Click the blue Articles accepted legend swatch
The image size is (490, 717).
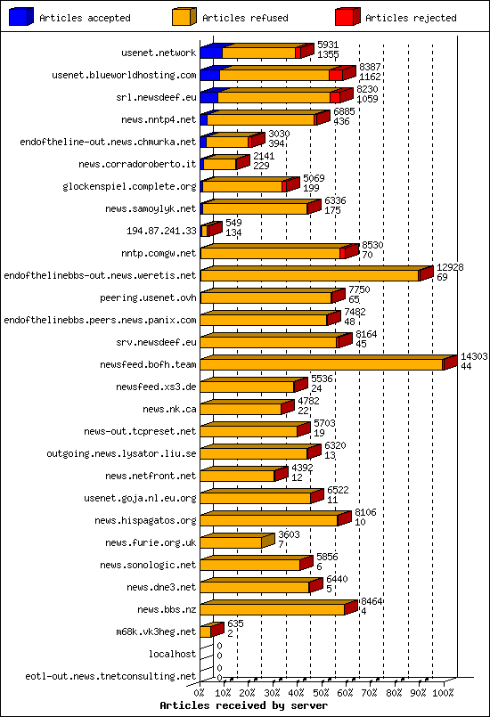[21, 16]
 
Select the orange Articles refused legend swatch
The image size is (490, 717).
[184, 16]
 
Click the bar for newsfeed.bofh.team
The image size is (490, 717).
[322, 363]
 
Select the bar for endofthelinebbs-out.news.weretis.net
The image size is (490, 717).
[309, 275]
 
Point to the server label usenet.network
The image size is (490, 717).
[159, 53]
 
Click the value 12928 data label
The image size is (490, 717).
[450, 267]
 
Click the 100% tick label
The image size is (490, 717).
[443, 691]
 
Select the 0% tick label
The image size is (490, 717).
[200, 691]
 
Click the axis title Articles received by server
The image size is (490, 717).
[244, 705]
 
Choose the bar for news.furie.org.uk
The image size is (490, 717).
[232, 542]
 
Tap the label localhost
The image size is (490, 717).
[172, 654]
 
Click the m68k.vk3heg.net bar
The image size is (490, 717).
[207, 631]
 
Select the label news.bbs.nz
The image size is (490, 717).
[167, 609]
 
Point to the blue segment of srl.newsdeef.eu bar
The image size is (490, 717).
[208, 96]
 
